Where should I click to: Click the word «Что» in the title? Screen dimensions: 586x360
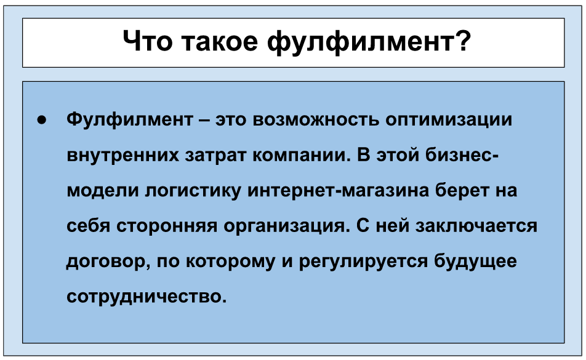pos(148,41)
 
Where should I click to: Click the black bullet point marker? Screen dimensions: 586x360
pos(41,120)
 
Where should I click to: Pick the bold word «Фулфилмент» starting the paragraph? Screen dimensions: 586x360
pos(130,119)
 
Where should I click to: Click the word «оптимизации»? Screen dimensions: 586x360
pos(449,120)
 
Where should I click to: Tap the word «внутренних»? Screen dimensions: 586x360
pos(123,155)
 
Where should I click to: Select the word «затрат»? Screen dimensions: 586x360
pos(215,155)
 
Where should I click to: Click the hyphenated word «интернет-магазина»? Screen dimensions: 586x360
pos(338,191)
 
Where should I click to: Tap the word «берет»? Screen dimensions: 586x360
pos(462,190)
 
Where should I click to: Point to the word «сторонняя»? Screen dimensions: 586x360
pos(167,226)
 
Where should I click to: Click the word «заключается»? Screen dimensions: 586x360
pos(476,226)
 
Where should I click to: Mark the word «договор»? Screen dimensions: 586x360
pos(109,262)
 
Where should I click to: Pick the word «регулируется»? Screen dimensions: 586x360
pos(363,262)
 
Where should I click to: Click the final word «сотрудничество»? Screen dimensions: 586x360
pos(147,297)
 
